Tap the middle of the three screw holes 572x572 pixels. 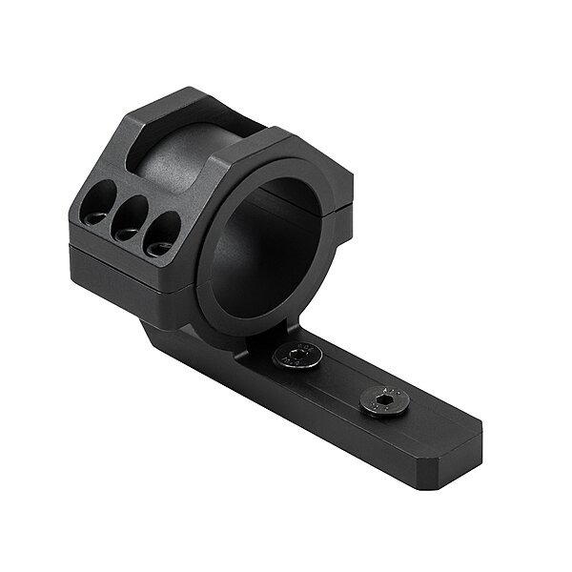point(129,218)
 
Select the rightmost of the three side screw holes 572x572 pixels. point(162,235)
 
